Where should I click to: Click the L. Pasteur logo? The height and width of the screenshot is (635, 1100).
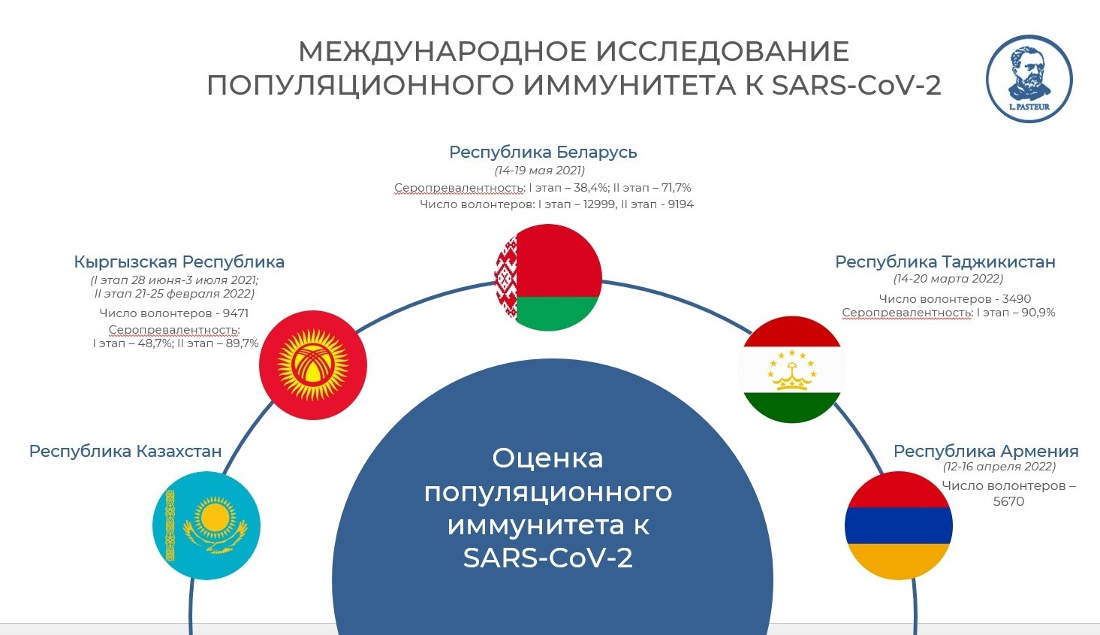(1029, 79)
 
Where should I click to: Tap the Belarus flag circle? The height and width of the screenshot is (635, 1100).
(549, 278)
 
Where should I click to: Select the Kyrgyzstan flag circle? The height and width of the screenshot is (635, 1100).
(313, 365)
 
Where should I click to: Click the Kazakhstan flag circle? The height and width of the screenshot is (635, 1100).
(206, 525)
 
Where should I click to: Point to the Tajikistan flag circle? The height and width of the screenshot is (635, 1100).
(792, 370)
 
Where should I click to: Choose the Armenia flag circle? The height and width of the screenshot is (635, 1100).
(899, 525)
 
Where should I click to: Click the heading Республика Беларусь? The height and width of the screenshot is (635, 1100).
(543, 153)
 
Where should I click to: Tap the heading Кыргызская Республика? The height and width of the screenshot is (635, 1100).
(179, 262)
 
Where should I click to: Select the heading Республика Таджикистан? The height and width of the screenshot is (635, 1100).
(945, 262)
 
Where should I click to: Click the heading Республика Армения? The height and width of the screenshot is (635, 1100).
(986, 451)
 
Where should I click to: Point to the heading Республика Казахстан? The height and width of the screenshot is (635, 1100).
(125, 451)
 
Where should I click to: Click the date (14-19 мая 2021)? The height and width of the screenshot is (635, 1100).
(540, 171)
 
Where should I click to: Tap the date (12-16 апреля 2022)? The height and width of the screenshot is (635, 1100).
(999, 467)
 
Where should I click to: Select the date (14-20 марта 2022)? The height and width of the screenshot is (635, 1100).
(948, 279)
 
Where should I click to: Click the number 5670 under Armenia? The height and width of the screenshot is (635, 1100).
(1008, 501)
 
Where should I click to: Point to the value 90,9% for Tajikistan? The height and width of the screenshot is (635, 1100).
(1038, 313)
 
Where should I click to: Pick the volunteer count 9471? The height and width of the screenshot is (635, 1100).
(236, 313)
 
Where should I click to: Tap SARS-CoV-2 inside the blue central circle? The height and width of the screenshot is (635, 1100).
(548, 558)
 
